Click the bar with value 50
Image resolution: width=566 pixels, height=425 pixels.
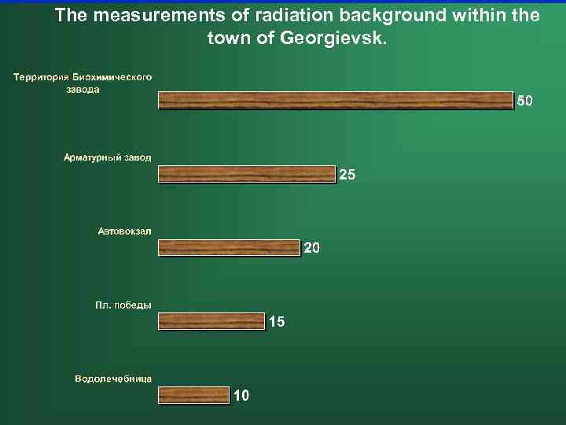tap(336, 100)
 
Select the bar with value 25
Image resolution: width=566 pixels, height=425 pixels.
tap(247, 174)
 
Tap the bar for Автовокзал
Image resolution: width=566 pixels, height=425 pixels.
tap(230, 248)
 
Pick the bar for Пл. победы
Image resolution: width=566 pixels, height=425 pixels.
tap(211, 320)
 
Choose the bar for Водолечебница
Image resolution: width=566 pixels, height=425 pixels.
tap(194, 394)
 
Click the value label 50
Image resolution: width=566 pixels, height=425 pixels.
tap(525, 101)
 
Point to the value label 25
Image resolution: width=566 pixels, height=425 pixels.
tap(347, 175)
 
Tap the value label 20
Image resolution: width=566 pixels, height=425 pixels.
tap(311, 249)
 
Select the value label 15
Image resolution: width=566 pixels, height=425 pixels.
tap(277, 321)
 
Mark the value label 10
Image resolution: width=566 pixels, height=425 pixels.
tap(241, 395)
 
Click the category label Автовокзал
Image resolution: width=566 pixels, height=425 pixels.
tap(125, 231)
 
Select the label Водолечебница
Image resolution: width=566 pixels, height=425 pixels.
tap(113, 379)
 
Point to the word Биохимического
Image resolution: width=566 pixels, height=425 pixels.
tap(112, 77)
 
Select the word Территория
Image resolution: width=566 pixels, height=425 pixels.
tap(41, 77)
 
